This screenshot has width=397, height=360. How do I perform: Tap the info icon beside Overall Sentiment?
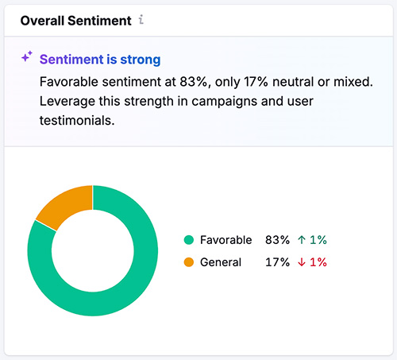click(141, 18)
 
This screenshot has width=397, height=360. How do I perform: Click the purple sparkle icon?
click(26, 57)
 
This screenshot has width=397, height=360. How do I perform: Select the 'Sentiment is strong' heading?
click(100, 60)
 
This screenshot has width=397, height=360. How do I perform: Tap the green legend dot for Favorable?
click(189, 240)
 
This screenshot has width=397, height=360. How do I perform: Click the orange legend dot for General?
click(189, 262)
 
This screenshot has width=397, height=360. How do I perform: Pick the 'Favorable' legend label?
click(226, 240)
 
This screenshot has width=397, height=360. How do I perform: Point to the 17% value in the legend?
click(277, 262)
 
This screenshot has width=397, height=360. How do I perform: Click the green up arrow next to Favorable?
click(303, 240)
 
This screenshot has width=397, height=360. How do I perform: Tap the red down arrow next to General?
click(303, 262)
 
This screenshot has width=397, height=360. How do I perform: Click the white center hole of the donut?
click(93, 250)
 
